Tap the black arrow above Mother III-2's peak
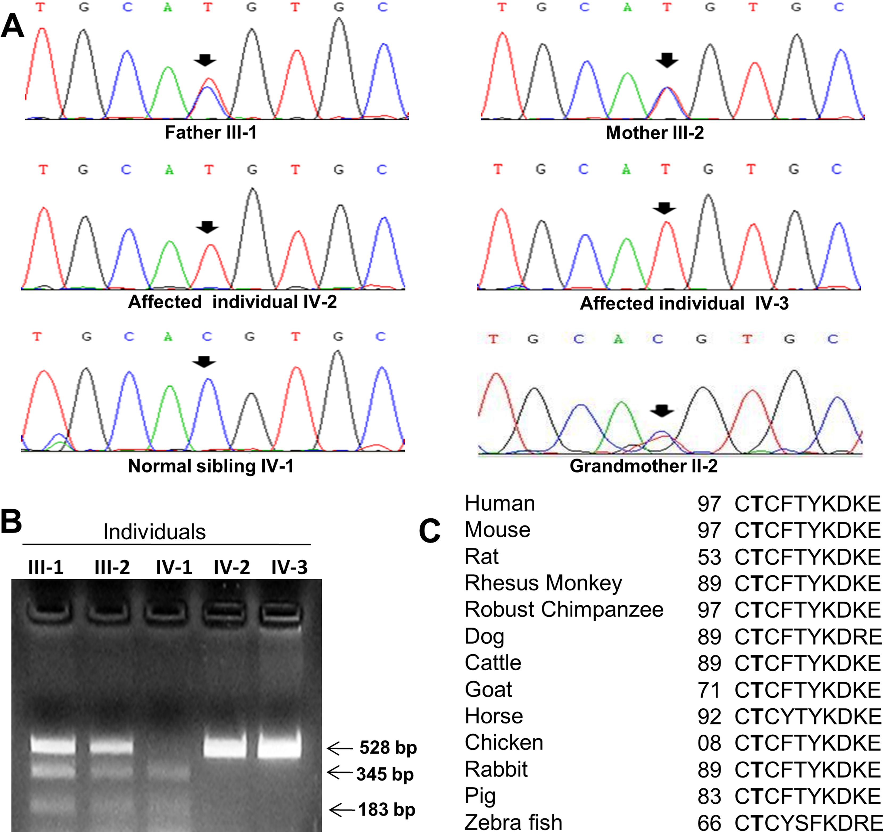click(667, 60)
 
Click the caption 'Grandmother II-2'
click(643, 466)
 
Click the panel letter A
click(13, 26)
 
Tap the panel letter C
click(430, 531)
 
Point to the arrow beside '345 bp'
click(340, 773)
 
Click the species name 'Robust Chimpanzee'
click(564, 609)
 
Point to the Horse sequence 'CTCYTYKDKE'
click(807, 717)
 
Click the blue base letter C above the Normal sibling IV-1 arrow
click(206, 337)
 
